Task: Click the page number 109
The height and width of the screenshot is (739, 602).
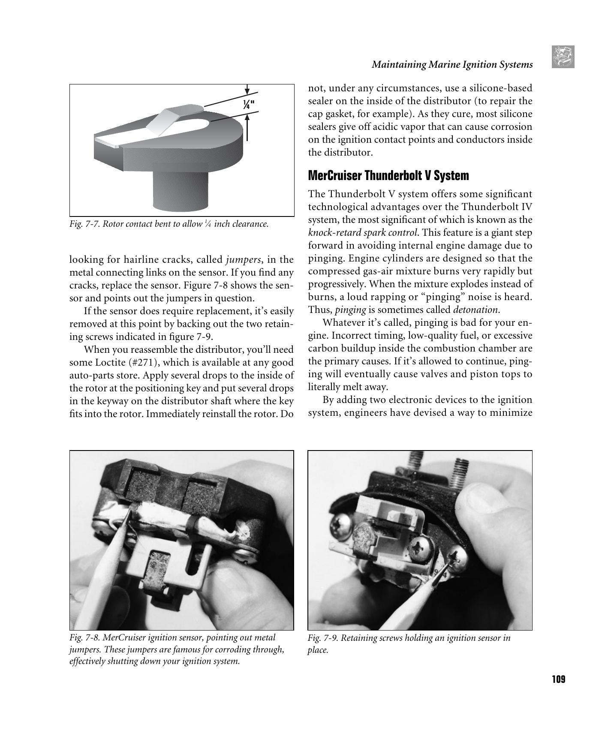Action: click(x=558, y=679)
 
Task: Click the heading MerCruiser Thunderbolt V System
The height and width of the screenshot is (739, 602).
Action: click(x=388, y=175)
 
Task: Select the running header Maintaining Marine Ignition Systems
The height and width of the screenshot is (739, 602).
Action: click(x=452, y=64)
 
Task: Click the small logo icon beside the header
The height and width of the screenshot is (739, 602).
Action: click(x=563, y=57)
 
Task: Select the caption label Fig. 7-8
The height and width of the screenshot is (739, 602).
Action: click(x=84, y=638)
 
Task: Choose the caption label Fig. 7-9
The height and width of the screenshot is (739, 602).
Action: click(x=323, y=638)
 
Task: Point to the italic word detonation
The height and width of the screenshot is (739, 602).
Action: click(x=476, y=310)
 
